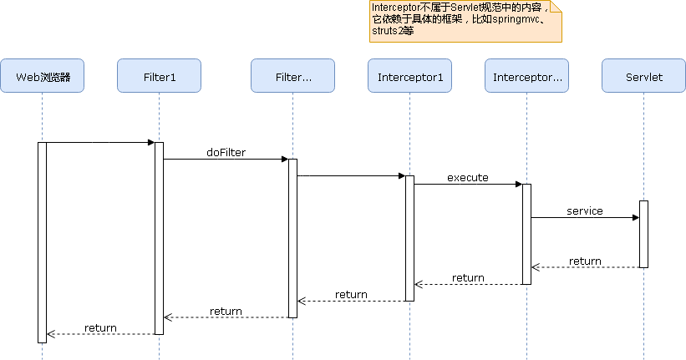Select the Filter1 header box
click(159, 76)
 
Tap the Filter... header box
click(292, 76)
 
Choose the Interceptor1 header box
click(409, 76)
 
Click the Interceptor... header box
click(526, 76)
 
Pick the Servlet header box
click(643, 76)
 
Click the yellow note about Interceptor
click(465, 22)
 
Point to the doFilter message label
click(226, 152)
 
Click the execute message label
click(468, 177)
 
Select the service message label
click(585, 210)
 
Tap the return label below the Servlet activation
click(585, 261)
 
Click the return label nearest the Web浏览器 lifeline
click(100, 327)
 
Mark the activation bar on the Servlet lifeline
click(643, 234)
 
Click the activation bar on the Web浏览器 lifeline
click(42, 242)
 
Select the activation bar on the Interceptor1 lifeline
click(409, 238)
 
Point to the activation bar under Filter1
click(159, 238)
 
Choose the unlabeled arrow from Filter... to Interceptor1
click(351, 176)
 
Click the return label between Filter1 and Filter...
click(226, 311)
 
